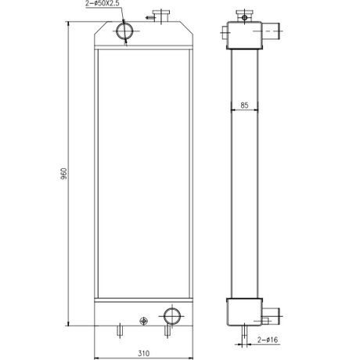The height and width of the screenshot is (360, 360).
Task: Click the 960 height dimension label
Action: pos(64,174)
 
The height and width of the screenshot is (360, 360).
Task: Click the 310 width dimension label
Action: pos(143,354)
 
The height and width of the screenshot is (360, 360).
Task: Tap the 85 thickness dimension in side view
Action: pos(244,106)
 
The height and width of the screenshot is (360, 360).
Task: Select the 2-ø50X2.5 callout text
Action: pos(103,4)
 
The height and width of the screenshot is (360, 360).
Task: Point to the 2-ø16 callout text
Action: pos(268,340)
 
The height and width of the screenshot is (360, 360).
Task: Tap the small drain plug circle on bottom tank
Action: pos(144,321)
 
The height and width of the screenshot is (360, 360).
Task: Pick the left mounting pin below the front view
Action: pos(120,330)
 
